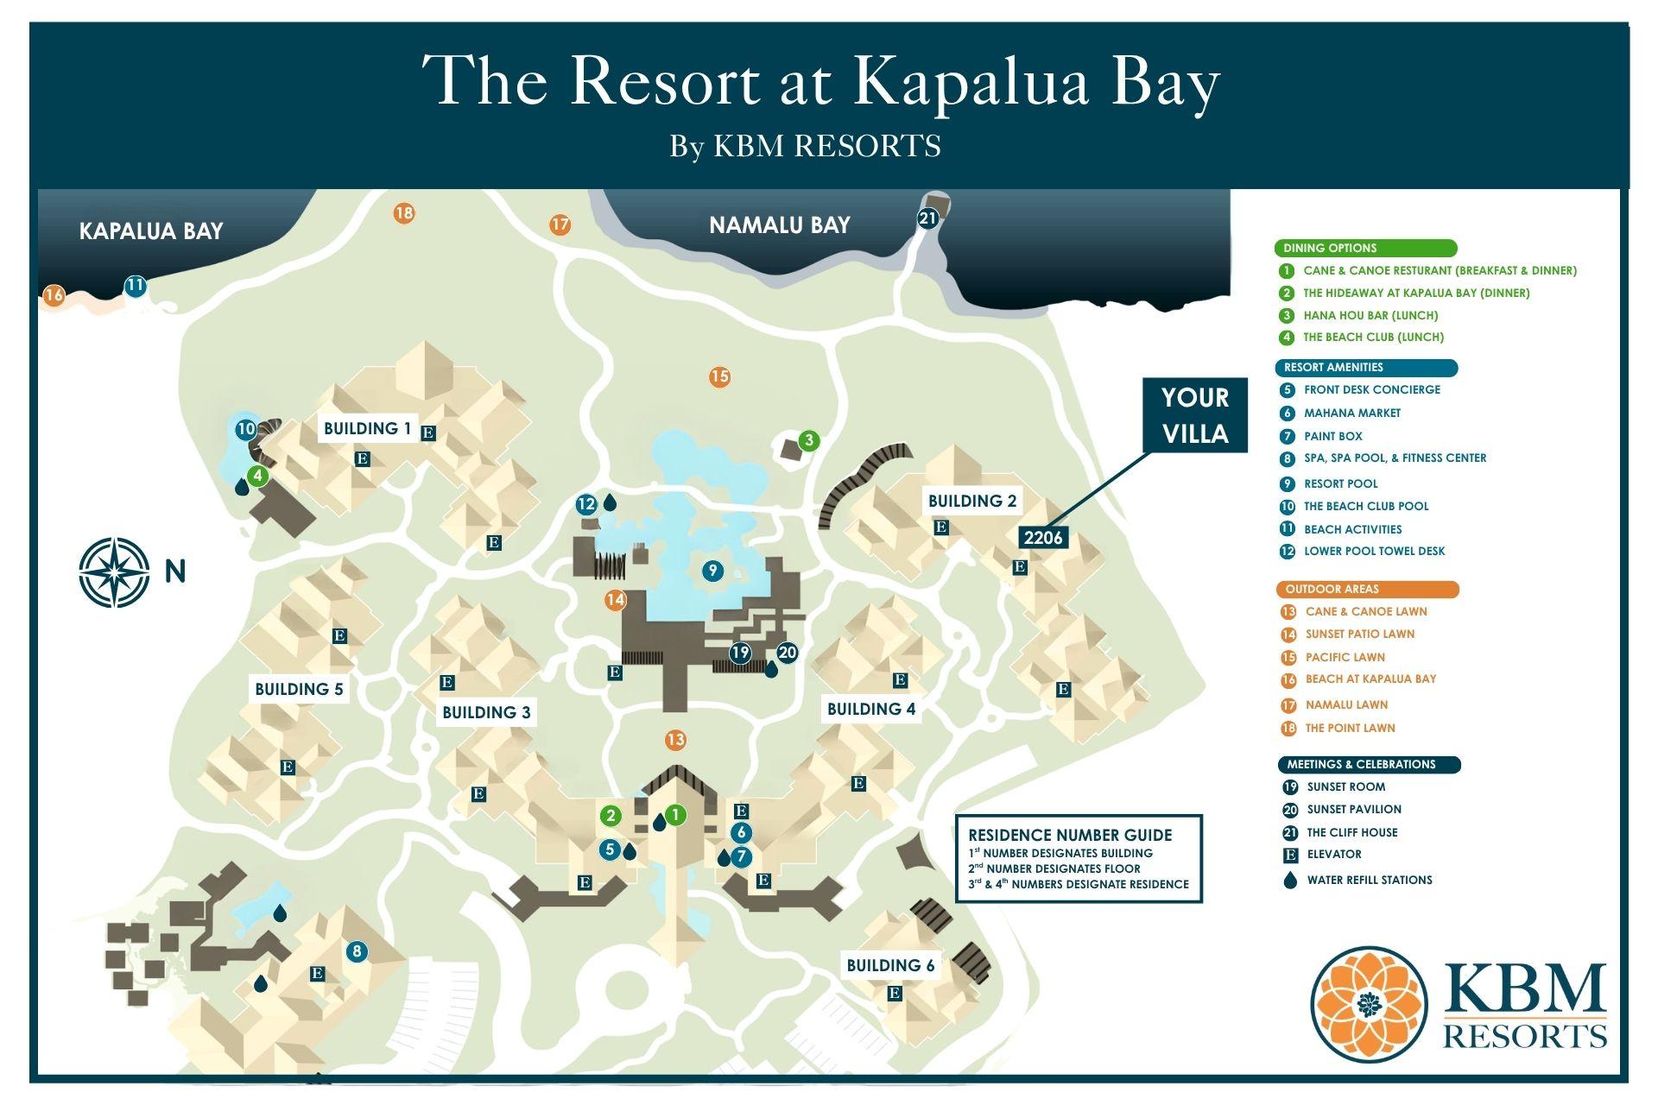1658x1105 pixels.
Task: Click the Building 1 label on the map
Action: pyautogui.click(x=368, y=428)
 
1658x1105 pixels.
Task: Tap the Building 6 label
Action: pyautogui.click(x=890, y=965)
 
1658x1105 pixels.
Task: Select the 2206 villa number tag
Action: pyautogui.click(x=1043, y=538)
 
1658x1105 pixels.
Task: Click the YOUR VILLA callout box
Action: pyautogui.click(x=1195, y=415)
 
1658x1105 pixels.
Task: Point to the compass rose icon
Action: pyautogui.click(x=114, y=571)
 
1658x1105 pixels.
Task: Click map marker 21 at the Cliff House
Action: pyautogui.click(x=927, y=218)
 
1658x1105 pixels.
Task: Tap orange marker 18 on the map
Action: pyautogui.click(x=404, y=212)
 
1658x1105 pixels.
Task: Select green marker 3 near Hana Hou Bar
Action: pyautogui.click(x=808, y=440)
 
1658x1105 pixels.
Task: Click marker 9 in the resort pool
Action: pyautogui.click(x=712, y=570)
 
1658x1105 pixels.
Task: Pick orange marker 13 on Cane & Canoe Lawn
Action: pyautogui.click(x=675, y=740)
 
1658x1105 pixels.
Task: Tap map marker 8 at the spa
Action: pyautogui.click(x=356, y=952)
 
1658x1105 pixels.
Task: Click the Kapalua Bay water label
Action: pyautogui.click(x=151, y=230)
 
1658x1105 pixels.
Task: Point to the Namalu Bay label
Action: pyautogui.click(x=779, y=225)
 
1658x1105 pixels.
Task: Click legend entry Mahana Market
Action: pyautogui.click(x=1351, y=413)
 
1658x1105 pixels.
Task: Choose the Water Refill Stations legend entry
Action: pyautogui.click(x=1369, y=880)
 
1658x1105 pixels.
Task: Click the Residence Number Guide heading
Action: pyautogui.click(x=1070, y=835)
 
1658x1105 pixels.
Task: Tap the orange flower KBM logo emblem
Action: pyautogui.click(x=1370, y=1005)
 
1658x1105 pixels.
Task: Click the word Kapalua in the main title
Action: pyautogui.click(x=971, y=82)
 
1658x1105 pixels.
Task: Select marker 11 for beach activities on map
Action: pyautogui.click(x=135, y=286)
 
